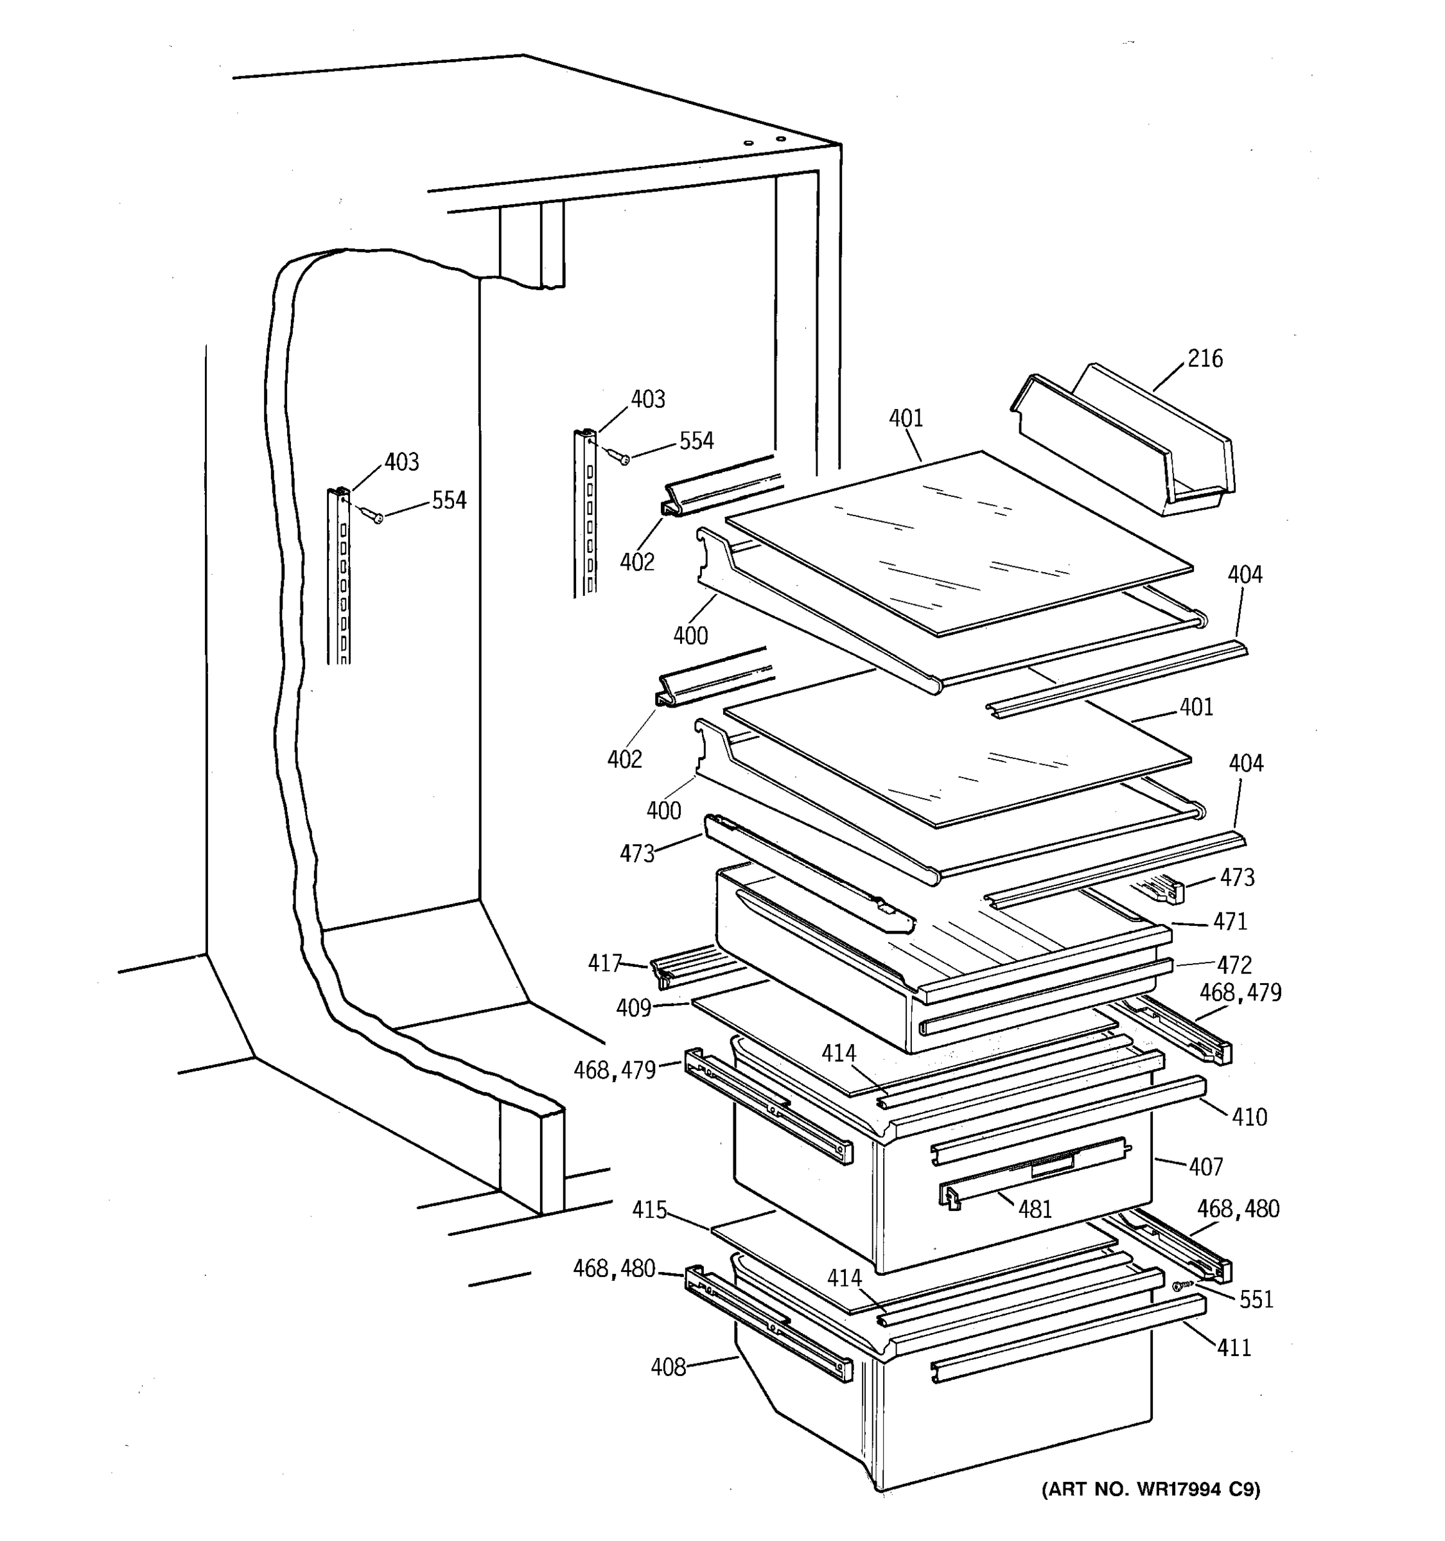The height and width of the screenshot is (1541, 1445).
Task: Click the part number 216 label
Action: tap(1205, 358)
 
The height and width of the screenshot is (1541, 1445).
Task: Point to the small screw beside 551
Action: tap(1178, 1286)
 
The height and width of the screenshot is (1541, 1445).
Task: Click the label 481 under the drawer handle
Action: tap(1035, 1208)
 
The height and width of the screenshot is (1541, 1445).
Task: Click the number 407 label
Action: tap(1205, 1166)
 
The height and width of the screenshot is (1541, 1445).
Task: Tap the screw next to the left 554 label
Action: tap(378, 517)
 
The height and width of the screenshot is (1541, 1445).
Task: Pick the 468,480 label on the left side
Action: tap(614, 1268)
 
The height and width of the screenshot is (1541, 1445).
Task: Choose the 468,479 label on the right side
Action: tap(1240, 992)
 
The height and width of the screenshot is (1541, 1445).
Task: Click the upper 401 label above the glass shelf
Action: tap(906, 419)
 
